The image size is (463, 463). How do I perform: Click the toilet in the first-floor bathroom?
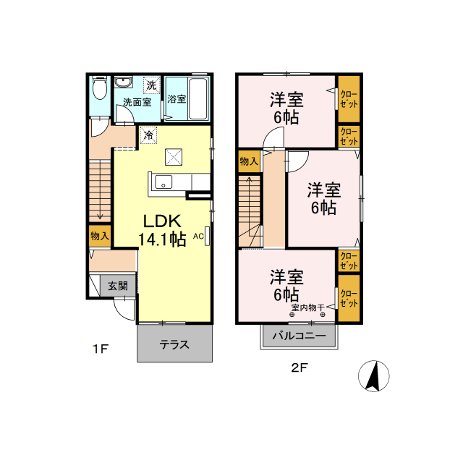100,89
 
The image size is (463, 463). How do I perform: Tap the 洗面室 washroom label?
136,102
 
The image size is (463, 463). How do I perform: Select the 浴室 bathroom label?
177,99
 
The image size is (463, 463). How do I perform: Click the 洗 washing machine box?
150,85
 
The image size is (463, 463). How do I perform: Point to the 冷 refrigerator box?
148,135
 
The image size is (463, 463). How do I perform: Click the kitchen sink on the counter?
163,182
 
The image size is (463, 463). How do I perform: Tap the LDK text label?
165,221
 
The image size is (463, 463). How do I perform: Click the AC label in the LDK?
198,235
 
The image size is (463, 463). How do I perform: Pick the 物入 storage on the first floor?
100,236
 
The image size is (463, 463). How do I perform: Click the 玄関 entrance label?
117,286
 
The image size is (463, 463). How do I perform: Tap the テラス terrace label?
174,345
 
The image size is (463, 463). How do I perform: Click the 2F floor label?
299,367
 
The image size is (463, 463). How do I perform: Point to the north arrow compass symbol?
374,376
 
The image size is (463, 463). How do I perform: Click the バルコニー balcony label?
299,336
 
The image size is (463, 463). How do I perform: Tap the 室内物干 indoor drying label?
308,308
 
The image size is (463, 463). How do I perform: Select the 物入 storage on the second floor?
249,161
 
